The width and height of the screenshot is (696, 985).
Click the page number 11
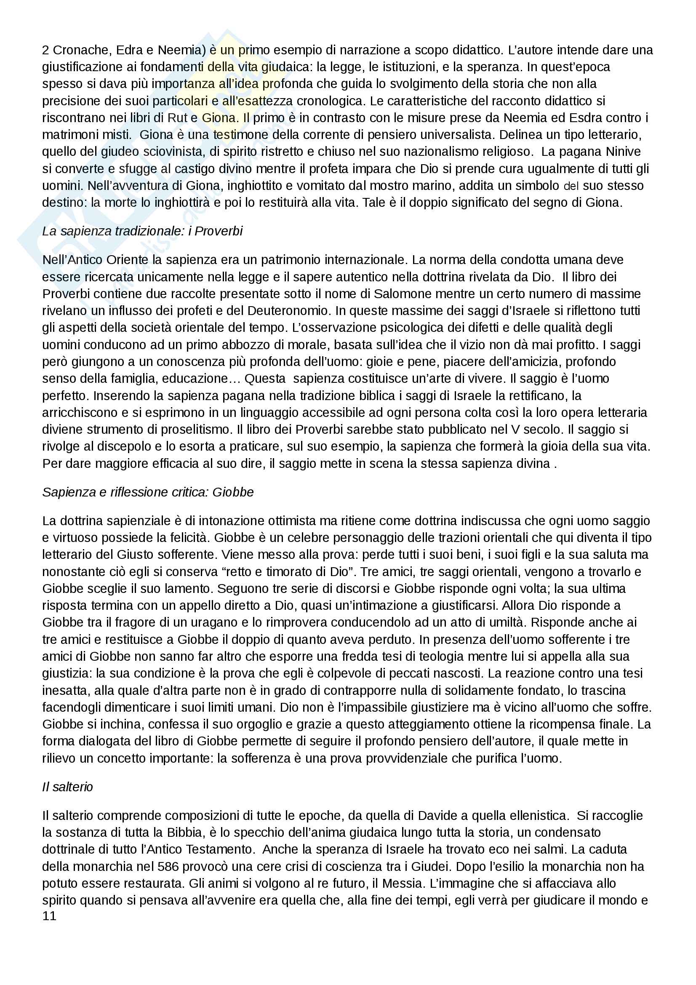(x=49, y=916)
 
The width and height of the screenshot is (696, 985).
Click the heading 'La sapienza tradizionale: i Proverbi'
(x=142, y=231)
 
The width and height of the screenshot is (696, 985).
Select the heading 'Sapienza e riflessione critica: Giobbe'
(x=148, y=492)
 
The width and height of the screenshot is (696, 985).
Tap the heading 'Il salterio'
(x=67, y=787)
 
